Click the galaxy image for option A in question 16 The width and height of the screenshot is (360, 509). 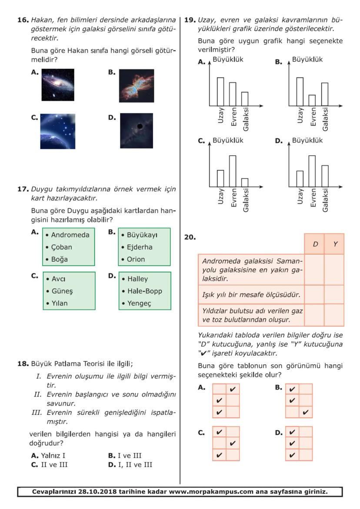click(x=58, y=85)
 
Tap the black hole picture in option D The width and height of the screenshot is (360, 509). click(x=137, y=130)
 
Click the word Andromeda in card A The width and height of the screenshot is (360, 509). click(x=70, y=235)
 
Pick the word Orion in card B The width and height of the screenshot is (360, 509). click(x=136, y=259)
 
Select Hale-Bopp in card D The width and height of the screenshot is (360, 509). click(x=144, y=291)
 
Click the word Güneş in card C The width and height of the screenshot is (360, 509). click(x=61, y=291)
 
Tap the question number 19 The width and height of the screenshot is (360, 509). click(x=190, y=20)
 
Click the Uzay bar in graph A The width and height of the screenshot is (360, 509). click(x=220, y=92)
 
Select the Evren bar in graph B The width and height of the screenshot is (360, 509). click(x=312, y=100)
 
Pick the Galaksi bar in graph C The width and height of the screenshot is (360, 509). click(x=245, y=183)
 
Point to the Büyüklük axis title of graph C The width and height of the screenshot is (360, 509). click(x=228, y=141)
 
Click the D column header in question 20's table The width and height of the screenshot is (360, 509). click(x=314, y=244)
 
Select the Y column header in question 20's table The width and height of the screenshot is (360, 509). click(x=335, y=244)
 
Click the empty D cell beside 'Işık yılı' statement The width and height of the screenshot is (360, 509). click(x=314, y=295)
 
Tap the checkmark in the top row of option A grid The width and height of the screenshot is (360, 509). click(x=233, y=389)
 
